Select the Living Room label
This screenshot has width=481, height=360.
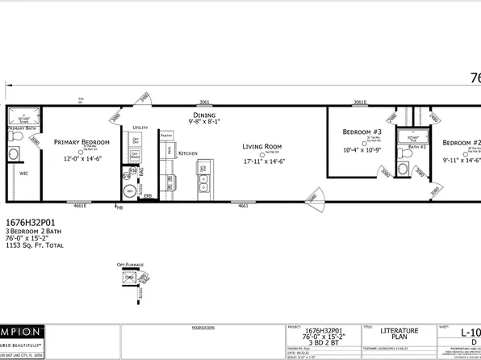261,147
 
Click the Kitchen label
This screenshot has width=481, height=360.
187,153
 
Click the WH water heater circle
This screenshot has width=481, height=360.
130,191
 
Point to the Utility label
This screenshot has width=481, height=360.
140,128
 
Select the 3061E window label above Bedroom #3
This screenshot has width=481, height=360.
360,103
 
